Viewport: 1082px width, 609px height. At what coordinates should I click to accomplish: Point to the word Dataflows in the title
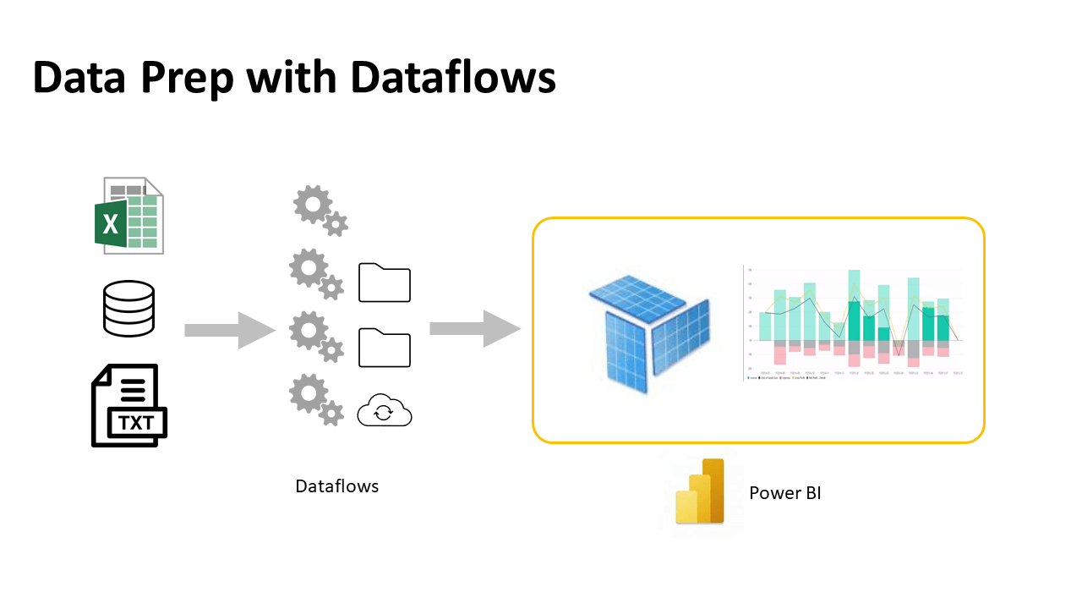[x=453, y=78]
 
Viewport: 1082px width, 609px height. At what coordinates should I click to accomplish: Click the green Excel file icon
[x=128, y=216]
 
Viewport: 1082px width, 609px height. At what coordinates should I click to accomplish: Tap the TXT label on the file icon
[x=136, y=420]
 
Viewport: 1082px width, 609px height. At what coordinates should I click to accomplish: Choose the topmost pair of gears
[x=320, y=211]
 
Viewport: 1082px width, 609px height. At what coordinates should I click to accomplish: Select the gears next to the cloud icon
[x=316, y=400]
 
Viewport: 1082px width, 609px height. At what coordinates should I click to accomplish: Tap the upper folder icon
[x=385, y=283]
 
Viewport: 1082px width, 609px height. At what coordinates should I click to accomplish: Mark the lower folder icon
[x=385, y=348]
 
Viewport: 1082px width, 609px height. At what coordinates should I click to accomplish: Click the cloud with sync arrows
[x=385, y=412]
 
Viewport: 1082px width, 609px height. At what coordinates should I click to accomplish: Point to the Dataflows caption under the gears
[x=336, y=486]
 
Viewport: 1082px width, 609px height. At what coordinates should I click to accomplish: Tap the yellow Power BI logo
[x=701, y=492]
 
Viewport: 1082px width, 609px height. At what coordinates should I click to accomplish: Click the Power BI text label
[x=784, y=493]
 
